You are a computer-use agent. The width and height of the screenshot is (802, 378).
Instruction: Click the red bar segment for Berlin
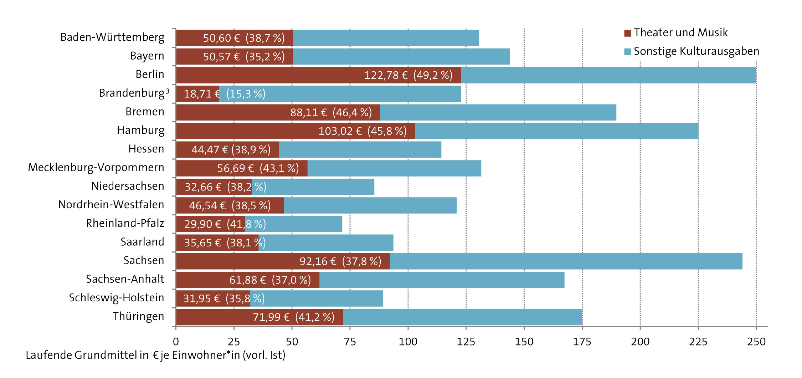pyautogui.click(x=267, y=75)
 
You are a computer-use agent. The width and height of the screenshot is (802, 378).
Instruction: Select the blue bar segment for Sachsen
pyautogui.click(x=566, y=261)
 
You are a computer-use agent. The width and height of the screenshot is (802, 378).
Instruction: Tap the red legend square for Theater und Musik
pyautogui.click(x=628, y=33)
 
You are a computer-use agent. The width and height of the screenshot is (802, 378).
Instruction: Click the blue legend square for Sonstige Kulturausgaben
pyautogui.click(x=628, y=52)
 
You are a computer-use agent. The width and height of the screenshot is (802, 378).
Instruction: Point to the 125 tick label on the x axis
pyautogui.click(x=466, y=342)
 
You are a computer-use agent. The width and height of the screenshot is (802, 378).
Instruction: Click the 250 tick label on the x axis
pyautogui.click(x=756, y=342)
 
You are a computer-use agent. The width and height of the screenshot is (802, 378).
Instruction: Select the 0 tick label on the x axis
pyautogui.click(x=176, y=342)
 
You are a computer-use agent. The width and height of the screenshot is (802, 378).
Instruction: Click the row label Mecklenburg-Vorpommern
pyautogui.click(x=96, y=167)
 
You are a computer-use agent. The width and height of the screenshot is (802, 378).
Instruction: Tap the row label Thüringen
pyautogui.click(x=139, y=316)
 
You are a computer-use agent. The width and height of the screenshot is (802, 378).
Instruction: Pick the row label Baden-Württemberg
pyautogui.click(x=112, y=37)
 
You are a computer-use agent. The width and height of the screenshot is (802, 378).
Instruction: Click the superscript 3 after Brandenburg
pyautogui.click(x=168, y=91)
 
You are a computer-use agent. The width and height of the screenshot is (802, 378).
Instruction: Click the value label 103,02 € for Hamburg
pyautogui.click(x=340, y=131)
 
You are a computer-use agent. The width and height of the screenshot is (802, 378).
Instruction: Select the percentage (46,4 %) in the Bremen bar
pyautogui.click(x=352, y=113)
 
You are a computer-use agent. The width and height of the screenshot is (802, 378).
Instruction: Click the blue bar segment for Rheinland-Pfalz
pyautogui.click(x=303, y=224)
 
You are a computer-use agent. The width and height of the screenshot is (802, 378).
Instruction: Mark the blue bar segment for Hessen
pyautogui.click(x=360, y=149)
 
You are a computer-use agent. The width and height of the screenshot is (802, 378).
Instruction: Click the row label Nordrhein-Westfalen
pyautogui.click(x=111, y=205)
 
